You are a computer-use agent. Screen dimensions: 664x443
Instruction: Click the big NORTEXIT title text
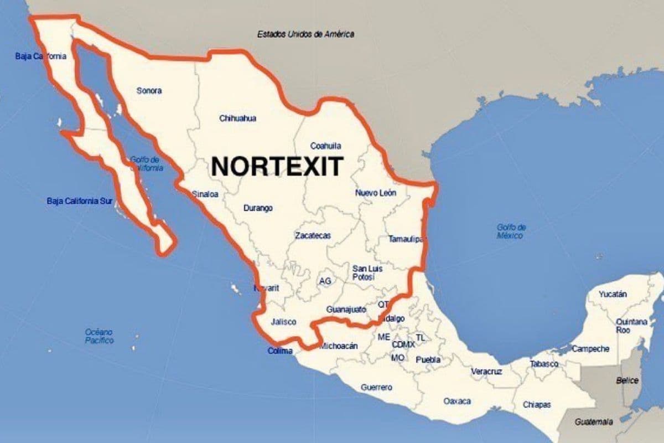pyautogui.click(x=277, y=166)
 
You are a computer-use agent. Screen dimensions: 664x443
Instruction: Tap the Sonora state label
pyautogui.click(x=149, y=91)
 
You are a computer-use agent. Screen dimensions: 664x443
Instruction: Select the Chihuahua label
pyautogui.click(x=237, y=119)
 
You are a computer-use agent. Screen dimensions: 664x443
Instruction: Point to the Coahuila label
pyautogui.click(x=325, y=146)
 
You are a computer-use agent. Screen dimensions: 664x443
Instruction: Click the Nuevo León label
pyautogui.click(x=376, y=193)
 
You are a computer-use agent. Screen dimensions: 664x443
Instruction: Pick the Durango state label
pyautogui.click(x=258, y=208)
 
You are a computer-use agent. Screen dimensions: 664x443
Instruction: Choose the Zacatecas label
pyautogui.click(x=313, y=235)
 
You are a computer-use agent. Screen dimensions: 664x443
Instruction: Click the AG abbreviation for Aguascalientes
pyautogui.click(x=325, y=281)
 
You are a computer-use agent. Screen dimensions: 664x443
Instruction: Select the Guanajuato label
pyautogui.click(x=346, y=309)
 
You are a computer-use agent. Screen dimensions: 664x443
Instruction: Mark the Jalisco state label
pyautogui.click(x=284, y=322)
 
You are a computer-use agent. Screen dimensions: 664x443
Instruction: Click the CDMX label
pyautogui.click(x=403, y=344)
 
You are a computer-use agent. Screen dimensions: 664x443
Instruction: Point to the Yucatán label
pyautogui.click(x=613, y=294)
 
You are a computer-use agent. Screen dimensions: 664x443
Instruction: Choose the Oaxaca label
pyautogui.click(x=457, y=401)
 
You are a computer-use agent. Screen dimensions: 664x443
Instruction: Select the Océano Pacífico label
pyautogui.click(x=99, y=336)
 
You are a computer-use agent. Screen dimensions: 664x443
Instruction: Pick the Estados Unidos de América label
pyautogui.click(x=305, y=34)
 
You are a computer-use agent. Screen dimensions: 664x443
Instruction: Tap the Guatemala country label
pyautogui.click(x=594, y=422)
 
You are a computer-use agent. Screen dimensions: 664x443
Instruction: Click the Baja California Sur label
pyautogui.click(x=80, y=201)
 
